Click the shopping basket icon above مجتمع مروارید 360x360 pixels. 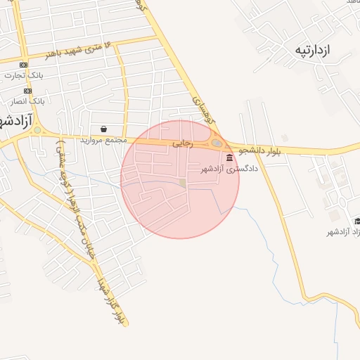(105, 129)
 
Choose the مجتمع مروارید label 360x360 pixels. (102, 140)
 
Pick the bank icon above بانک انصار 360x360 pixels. (27, 91)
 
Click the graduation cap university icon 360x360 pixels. (329, 221)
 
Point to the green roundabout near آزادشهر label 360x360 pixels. (37, 131)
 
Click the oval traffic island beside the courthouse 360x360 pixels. (217, 144)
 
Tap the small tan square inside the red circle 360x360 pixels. (183, 183)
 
